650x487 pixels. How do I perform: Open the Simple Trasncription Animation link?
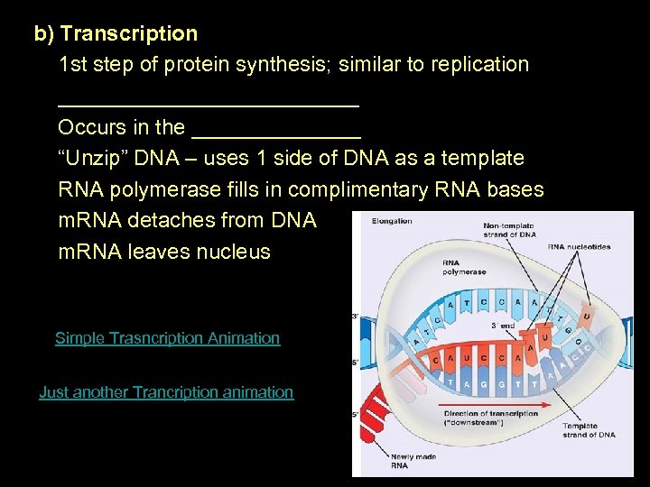pyautogui.click(x=167, y=338)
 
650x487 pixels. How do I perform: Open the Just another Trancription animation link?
pyautogui.click(x=166, y=392)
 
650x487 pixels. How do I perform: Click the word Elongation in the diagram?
pyautogui.click(x=391, y=221)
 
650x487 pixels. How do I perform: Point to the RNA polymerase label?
pyautogui.click(x=462, y=268)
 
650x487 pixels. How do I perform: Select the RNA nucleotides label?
pyautogui.click(x=579, y=246)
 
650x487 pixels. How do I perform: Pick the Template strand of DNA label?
pyautogui.click(x=589, y=430)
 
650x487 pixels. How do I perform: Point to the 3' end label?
pyautogui.click(x=503, y=326)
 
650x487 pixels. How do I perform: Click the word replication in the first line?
pyautogui.click(x=480, y=65)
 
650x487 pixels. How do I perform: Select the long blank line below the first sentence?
pyautogui.click(x=209, y=101)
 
